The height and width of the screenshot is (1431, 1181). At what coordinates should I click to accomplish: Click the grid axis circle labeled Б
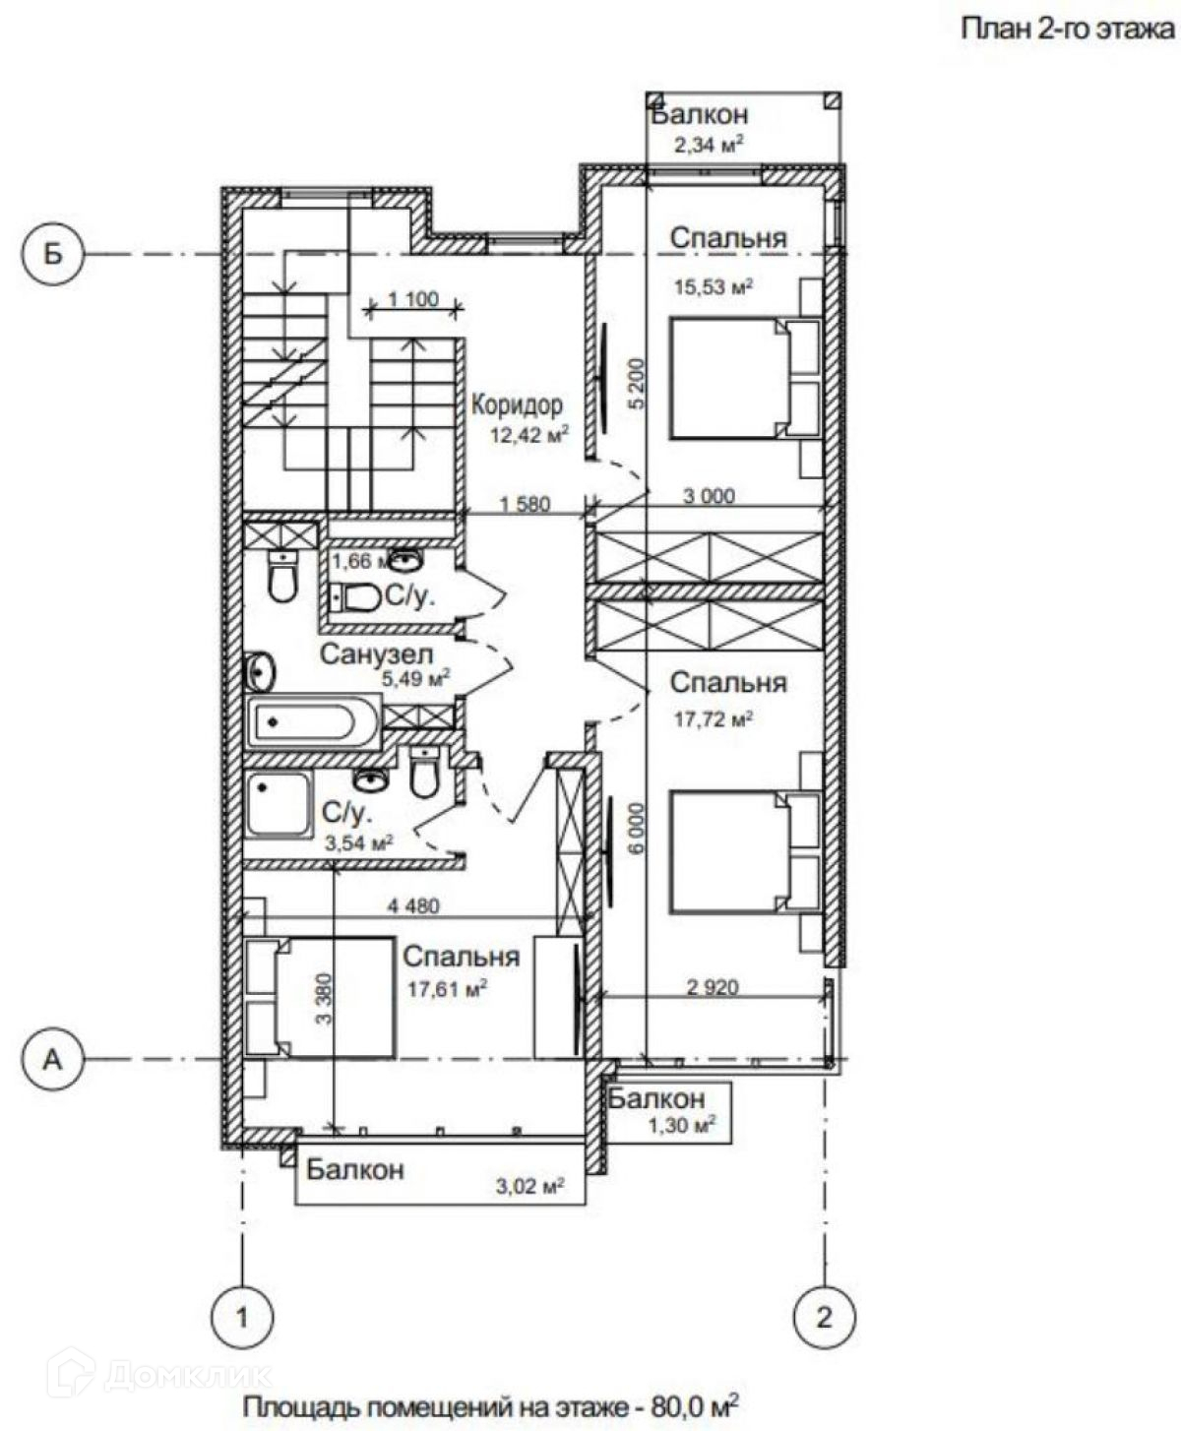coord(53,254)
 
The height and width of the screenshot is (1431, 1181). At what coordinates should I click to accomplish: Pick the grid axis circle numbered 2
coord(825,1317)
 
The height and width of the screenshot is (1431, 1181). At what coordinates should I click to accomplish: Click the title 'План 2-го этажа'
coord(1068,31)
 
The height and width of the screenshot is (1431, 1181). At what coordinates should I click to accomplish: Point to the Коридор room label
coord(518,404)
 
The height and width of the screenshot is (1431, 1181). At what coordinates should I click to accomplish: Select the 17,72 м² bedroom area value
coord(714,718)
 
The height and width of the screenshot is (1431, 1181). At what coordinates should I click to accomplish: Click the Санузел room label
coord(376,653)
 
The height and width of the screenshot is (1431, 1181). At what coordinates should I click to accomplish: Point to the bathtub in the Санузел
coord(313,721)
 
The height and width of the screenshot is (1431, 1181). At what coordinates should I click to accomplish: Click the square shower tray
coord(279,805)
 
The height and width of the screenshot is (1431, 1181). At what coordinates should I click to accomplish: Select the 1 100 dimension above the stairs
coord(413,299)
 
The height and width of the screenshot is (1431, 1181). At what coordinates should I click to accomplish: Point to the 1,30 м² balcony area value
coord(682,1125)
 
